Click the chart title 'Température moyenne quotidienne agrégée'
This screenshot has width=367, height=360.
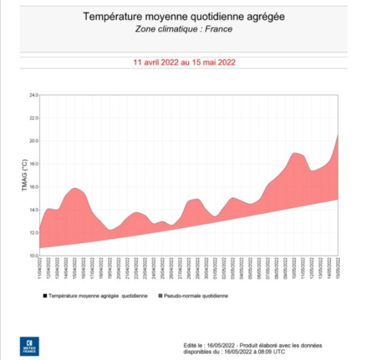click(x=183, y=16)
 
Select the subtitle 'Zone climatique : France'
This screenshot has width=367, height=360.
click(x=183, y=28)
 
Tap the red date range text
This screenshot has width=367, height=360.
click(x=183, y=62)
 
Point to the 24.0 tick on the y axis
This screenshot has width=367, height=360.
click(x=34, y=95)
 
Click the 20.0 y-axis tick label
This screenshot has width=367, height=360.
click(x=34, y=141)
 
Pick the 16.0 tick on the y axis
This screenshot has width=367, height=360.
click(x=34, y=187)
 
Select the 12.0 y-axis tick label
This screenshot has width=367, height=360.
click(x=34, y=233)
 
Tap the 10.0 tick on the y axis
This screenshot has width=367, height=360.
click(x=34, y=256)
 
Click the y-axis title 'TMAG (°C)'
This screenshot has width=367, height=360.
click(x=24, y=175)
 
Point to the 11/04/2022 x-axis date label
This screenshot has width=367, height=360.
click(x=41, y=268)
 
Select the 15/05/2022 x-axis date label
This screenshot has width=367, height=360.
click(x=339, y=268)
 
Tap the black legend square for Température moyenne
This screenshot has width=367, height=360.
click(x=44, y=296)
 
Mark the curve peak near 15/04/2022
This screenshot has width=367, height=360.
click(x=75, y=188)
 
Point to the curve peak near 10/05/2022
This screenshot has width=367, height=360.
click(x=294, y=153)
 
